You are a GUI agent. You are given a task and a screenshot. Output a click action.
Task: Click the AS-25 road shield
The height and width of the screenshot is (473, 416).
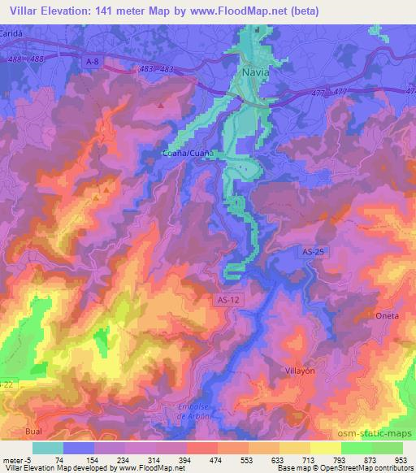click(310, 254)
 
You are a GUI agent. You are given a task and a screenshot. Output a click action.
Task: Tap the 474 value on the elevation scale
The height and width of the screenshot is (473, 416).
click(193, 459)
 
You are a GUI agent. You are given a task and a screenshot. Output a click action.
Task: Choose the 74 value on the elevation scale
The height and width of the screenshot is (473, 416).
click(58, 459)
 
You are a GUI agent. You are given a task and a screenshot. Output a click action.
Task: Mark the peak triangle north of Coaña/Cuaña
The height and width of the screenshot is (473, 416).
click(162, 105)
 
